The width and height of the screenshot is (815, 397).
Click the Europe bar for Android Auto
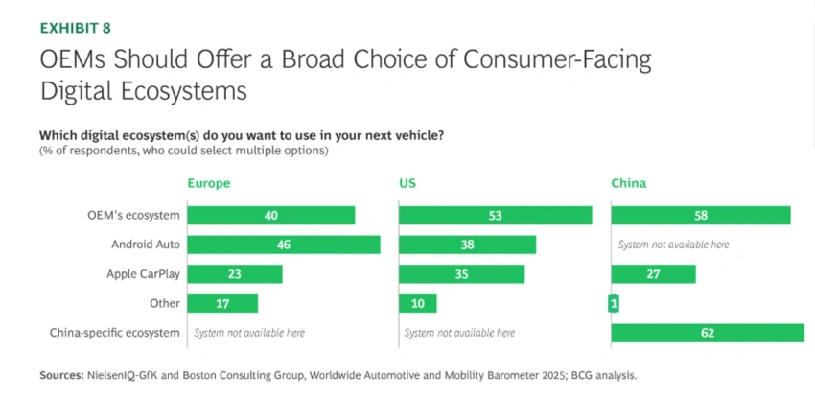[x=284, y=245]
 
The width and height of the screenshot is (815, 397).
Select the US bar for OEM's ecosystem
[x=495, y=216]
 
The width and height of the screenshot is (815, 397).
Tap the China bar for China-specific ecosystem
[x=708, y=333]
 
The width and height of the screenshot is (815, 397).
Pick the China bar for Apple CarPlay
[x=653, y=274]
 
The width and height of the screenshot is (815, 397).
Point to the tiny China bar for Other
[x=614, y=304]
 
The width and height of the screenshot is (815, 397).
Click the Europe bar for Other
[x=222, y=304]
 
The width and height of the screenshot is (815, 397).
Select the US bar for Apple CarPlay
[x=461, y=274]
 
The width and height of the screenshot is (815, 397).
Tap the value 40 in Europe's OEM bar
[x=271, y=216]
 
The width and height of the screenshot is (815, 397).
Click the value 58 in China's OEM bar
[x=701, y=216]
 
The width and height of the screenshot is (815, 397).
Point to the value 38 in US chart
[x=467, y=245]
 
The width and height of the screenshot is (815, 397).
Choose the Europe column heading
[x=208, y=183]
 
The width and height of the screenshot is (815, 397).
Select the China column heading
[x=629, y=183]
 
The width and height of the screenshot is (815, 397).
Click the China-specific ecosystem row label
[x=115, y=333]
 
